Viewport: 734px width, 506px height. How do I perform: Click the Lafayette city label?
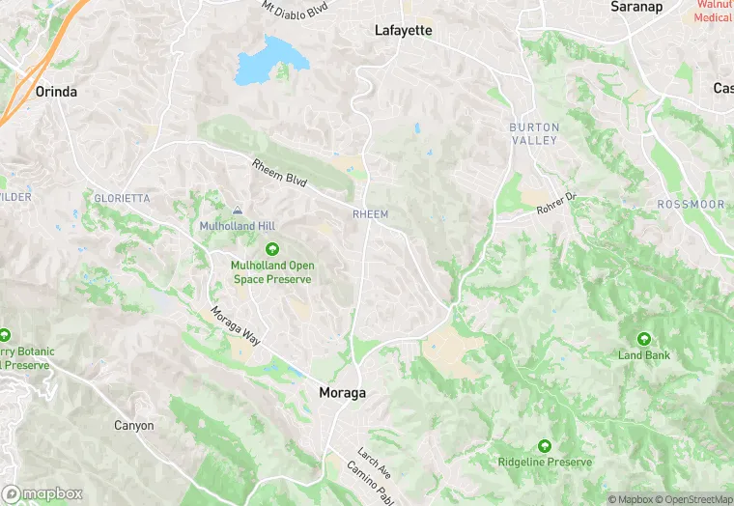(x=403, y=31)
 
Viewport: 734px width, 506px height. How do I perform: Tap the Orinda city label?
(x=55, y=92)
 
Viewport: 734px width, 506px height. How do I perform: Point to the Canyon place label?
(x=133, y=425)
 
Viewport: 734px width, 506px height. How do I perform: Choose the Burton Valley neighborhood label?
(x=534, y=134)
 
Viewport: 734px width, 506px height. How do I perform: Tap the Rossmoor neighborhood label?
(x=691, y=205)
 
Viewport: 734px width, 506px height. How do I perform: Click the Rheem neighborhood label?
(x=371, y=213)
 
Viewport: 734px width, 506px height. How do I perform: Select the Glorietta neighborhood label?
(x=122, y=198)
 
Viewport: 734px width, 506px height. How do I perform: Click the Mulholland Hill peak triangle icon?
(x=238, y=211)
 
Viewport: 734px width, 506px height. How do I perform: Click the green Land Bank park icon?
(x=643, y=339)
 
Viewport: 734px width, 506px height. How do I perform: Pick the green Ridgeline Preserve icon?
(x=544, y=446)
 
